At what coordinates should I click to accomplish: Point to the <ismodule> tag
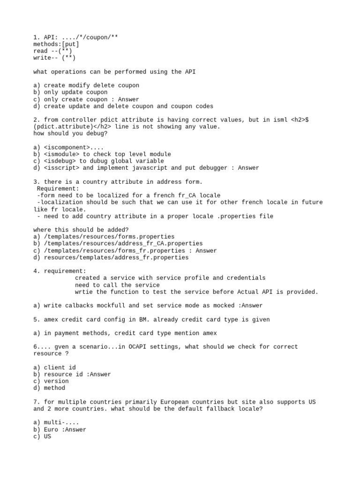pos(63,154)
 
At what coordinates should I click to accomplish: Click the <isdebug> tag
pos(61,161)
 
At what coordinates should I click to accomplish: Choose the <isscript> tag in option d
pos(63,168)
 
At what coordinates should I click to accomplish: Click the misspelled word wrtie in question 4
pos(84,292)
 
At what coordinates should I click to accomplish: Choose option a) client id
pos(54,367)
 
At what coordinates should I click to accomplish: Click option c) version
pos(51,381)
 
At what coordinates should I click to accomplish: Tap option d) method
pos(49,388)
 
